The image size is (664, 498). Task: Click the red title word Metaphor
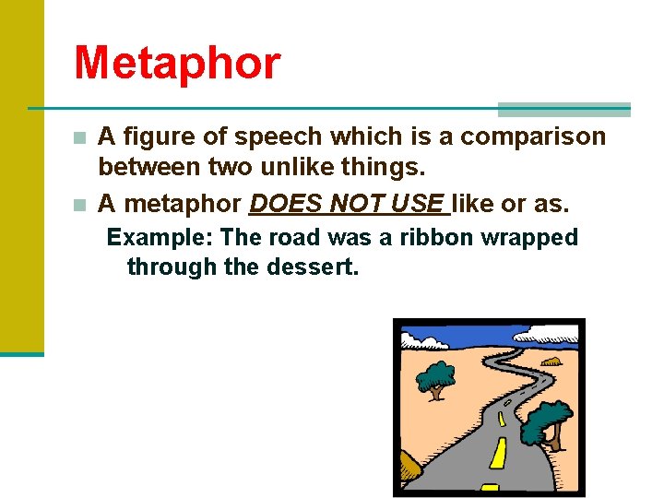point(177,64)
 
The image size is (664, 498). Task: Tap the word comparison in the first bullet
point(533,136)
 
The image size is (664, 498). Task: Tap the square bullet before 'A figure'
point(80,138)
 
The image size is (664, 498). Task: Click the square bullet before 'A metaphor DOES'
point(80,203)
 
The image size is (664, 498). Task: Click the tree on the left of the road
point(435,377)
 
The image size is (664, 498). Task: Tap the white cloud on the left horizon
point(425,343)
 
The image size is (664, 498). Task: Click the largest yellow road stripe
point(499,452)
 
